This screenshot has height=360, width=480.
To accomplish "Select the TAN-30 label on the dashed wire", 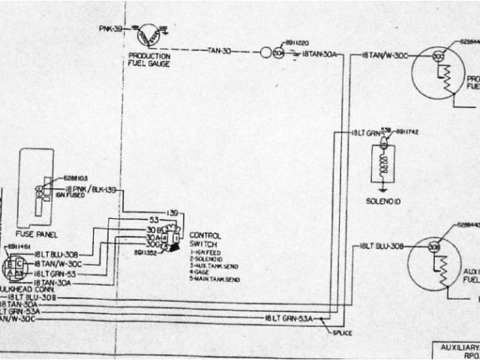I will (219, 51).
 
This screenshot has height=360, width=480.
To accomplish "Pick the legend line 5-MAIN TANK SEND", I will (215, 279).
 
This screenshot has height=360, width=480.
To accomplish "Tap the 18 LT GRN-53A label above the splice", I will (288, 319).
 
